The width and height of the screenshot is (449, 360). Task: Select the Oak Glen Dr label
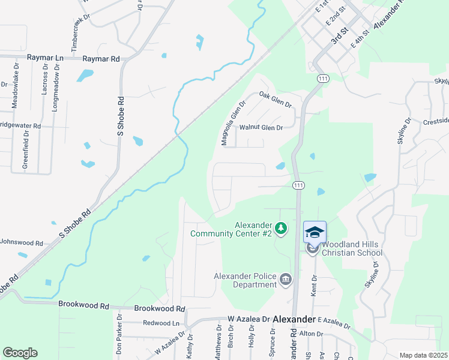tap(275, 100)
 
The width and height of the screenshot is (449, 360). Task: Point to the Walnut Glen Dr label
tap(261, 127)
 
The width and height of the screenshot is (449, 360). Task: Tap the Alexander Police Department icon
tap(286, 278)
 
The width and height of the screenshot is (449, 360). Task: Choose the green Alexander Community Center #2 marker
tap(282, 229)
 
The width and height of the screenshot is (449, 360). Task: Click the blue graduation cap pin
tap(315, 232)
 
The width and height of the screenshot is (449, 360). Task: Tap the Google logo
tap(20, 353)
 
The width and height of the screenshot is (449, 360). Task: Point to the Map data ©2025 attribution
tap(423, 355)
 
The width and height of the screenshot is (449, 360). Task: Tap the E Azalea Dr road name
tap(334, 323)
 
